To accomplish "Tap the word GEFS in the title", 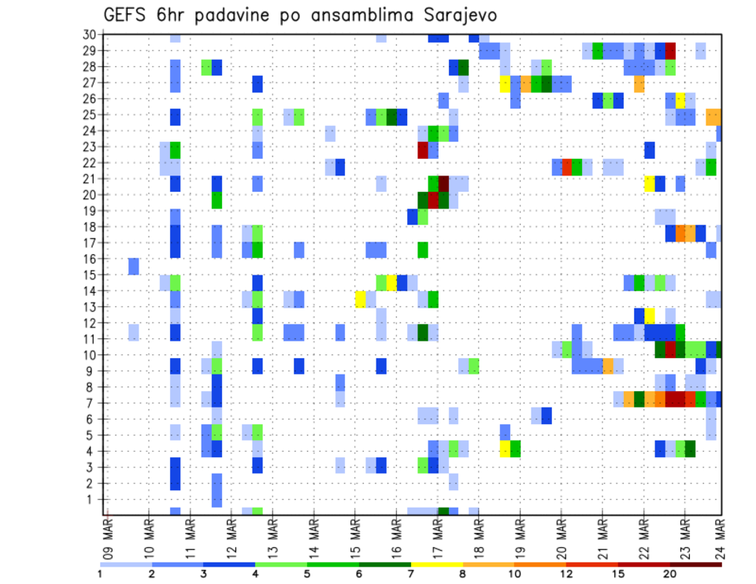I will [126, 16].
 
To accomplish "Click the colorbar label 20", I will [669, 575].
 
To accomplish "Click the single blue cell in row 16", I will [134, 267].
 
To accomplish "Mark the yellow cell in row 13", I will [361, 299].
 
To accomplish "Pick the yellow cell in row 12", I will [650, 315].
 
